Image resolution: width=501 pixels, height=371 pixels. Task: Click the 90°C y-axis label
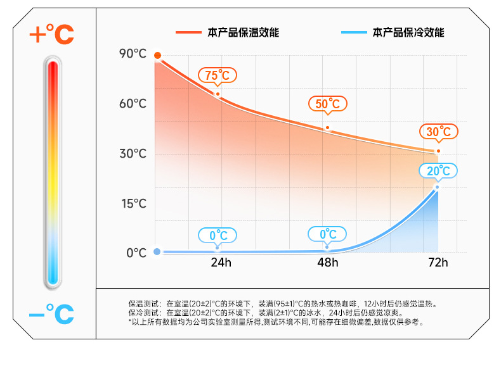(133, 54)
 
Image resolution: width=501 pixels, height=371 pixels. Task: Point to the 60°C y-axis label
(133, 103)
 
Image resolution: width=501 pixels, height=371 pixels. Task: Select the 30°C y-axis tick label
(133, 154)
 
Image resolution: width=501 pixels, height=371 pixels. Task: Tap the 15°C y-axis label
(133, 203)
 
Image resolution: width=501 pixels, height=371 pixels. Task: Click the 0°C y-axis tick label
(136, 253)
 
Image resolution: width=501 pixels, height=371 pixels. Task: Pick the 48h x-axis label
(328, 263)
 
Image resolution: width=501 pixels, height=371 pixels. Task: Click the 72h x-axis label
(437, 263)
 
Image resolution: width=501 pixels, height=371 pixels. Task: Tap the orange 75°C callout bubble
(218, 76)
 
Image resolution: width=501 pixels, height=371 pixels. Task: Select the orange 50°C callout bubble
(328, 104)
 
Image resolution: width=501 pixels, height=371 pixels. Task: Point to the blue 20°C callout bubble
(438, 171)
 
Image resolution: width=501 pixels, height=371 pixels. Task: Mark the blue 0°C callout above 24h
(218, 236)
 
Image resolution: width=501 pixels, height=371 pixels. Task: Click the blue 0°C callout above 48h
(328, 235)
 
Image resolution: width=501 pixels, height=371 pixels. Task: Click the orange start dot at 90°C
(157, 56)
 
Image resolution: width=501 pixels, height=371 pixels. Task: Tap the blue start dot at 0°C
(157, 251)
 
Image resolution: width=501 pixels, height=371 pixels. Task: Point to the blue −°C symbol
(51, 313)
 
